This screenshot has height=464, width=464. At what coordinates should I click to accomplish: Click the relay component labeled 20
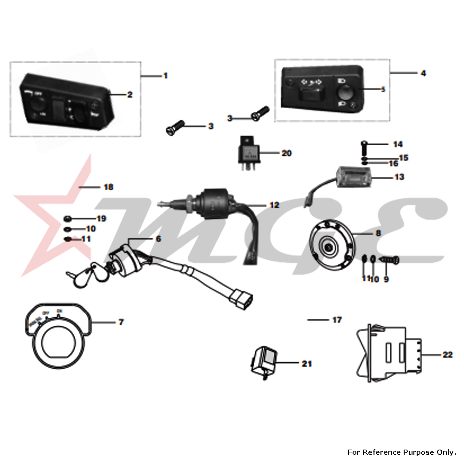pos(250,152)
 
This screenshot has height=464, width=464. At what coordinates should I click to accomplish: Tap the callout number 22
pos(447,355)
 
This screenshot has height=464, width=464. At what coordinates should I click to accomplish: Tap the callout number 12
pos(275,205)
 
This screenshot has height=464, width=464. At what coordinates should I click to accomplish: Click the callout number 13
pos(399,177)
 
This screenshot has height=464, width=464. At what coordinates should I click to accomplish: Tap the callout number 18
pos(109,187)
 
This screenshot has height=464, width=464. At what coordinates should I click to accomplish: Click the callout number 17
pos(337,320)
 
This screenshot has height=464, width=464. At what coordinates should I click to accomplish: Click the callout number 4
pos(423,73)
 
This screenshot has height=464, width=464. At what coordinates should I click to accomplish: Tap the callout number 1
pos(165,75)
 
